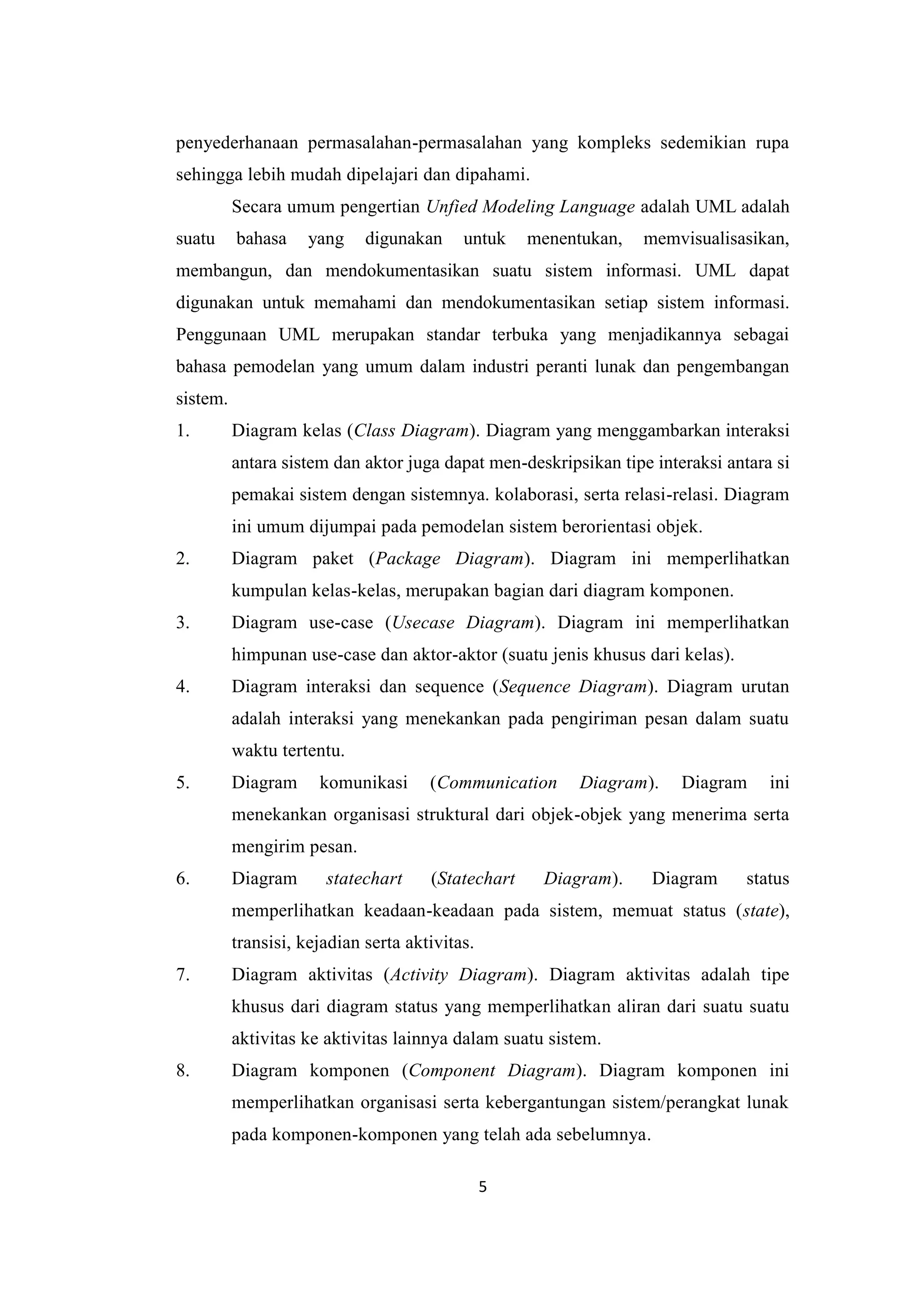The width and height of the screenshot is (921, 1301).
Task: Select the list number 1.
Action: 182,431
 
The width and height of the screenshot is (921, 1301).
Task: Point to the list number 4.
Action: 182,687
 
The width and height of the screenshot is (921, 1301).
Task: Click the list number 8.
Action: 182,1070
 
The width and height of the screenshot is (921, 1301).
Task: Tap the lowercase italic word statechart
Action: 364,879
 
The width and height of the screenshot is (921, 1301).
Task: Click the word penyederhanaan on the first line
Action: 237,143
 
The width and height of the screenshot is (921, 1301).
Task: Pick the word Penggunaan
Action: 221,335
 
